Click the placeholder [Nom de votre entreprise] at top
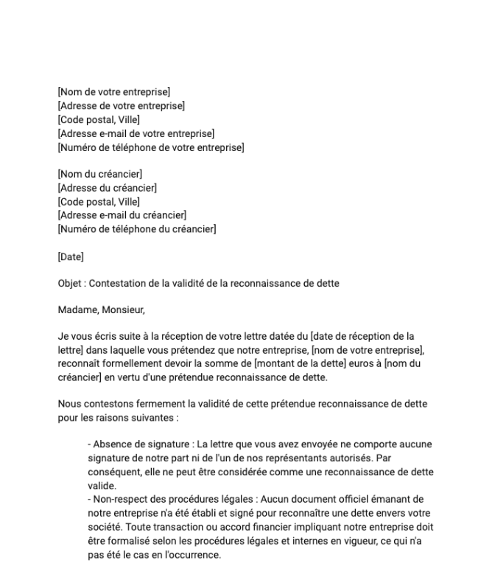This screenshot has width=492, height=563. point(113,92)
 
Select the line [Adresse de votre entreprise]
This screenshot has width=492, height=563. point(121,106)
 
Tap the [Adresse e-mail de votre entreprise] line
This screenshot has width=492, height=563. point(136,133)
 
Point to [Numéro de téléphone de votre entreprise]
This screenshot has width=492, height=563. point(150,147)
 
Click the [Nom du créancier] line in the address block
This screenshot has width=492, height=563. point(99,175)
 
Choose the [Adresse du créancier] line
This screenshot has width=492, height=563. point(107,188)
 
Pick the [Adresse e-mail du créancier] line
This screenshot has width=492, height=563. point(122,215)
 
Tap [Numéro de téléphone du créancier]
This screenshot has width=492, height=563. point(136,229)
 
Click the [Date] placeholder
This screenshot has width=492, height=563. point(71,256)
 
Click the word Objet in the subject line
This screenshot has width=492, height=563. point(70,284)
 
